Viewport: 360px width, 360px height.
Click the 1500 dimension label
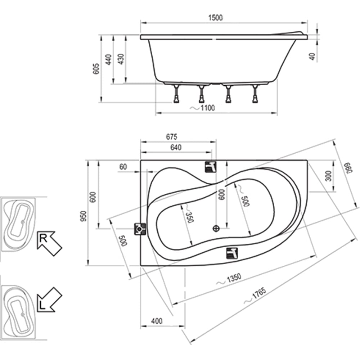pyautogui.click(x=215, y=18)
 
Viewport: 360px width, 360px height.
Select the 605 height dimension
pyautogui.click(x=96, y=68)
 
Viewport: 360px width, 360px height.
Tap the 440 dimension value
pyautogui.click(x=108, y=59)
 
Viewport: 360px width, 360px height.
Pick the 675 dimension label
pyautogui.click(x=171, y=137)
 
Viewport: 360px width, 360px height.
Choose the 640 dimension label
pyautogui.click(x=176, y=147)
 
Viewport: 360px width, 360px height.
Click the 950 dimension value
pyautogui.click(x=84, y=216)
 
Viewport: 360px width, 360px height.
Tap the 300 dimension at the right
pyautogui.click(x=329, y=176)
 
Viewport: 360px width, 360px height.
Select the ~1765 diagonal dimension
pyautogui.click(x=255, y=295)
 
